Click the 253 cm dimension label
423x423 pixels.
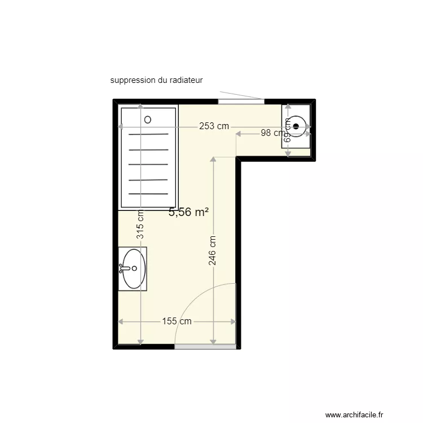[x=214, y=126]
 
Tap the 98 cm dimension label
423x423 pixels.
[x=271, y=133]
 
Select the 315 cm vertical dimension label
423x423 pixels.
[x=140, y=224]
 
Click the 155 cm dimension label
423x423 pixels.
[x=177, y=321]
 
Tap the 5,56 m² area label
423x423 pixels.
[x=188, y=212]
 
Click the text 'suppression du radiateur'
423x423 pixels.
[x=156, y=81]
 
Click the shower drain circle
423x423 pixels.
[x=148, y=120]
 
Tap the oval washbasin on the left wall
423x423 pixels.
[x=134, y=268]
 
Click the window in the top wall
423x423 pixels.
[x=241, y=102]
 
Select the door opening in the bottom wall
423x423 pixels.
[x=205, y=346]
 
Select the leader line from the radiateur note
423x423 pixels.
[x=241, y=95]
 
